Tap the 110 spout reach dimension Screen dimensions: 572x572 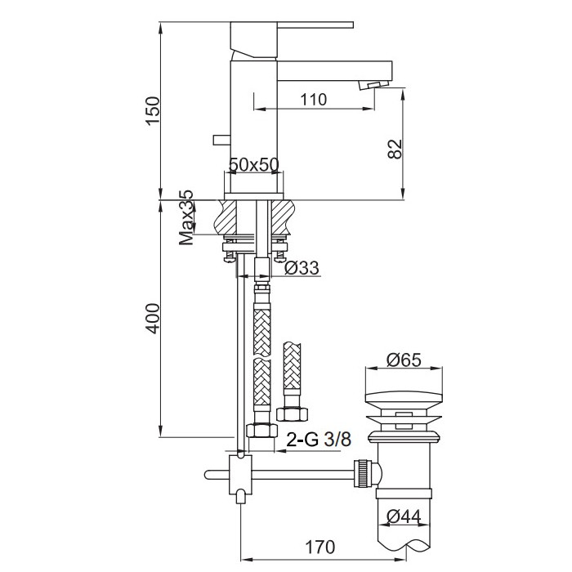(x=313, y=100)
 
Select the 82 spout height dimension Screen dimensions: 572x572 (x=395, y=149)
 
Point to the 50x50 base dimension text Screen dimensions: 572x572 (x=254, y=165)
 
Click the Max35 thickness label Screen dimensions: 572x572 (x=186, y=217)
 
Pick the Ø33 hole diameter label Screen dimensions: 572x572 (x=302, y=268)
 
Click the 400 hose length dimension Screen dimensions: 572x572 (x=153, y=319)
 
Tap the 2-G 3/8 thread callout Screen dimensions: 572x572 (x=319, y=440)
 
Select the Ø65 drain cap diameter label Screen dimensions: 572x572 (x=404, y=360)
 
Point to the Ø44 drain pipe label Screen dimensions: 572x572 (x=404, y=516)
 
